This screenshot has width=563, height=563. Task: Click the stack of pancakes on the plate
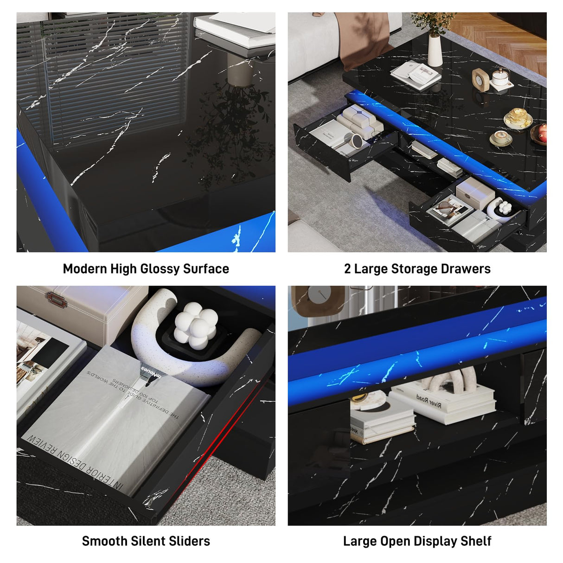pos(518,117)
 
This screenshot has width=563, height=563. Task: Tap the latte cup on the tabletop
pos(501,137)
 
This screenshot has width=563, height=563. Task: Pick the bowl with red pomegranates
pos(540,134)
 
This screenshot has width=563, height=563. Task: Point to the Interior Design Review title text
pos(74,461)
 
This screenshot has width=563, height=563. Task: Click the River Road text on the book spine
pos(429,402)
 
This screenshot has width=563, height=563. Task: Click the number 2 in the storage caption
pos(347,269)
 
